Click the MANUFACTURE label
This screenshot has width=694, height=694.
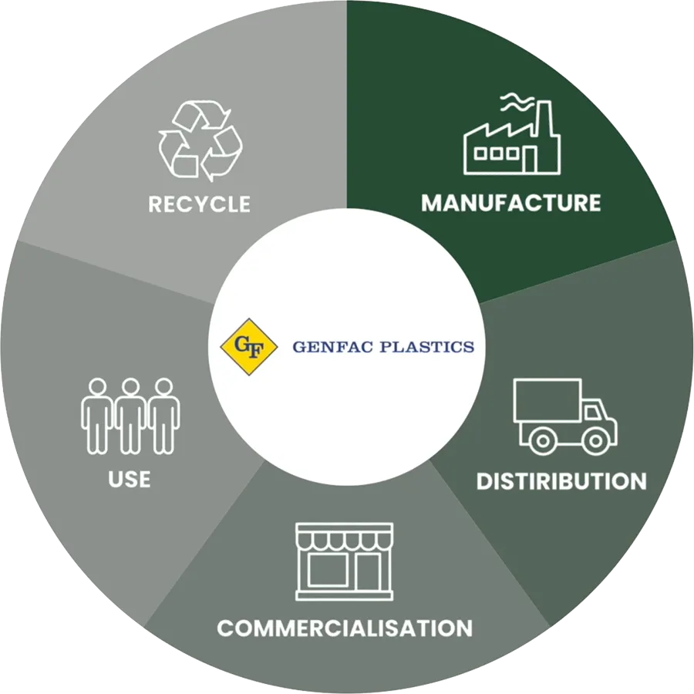point(510,203)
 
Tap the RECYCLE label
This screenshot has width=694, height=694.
point(199,204)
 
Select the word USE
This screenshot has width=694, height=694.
point(130,479)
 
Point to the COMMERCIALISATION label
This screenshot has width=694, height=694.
point(345,628)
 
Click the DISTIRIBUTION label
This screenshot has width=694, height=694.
point(561,481)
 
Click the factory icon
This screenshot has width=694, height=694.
point(512,133)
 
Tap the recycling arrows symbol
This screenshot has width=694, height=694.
point(200,141)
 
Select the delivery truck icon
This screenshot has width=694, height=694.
point(565,416)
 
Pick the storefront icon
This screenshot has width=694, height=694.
point(345,561)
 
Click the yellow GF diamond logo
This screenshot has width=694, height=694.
point(249,346)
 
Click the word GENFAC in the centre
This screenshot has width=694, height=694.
point(334,346)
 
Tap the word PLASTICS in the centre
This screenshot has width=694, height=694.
point(427,346)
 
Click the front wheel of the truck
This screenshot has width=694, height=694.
point(595,440)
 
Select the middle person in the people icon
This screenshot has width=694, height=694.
point(130,416)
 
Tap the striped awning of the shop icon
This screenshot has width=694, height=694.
point(345,537)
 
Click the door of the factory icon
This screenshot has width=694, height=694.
point(529,160)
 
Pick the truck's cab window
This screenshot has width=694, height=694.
point(591,413)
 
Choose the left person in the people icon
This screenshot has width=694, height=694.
point(97,416)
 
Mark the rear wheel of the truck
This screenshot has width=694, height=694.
point(542,440)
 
